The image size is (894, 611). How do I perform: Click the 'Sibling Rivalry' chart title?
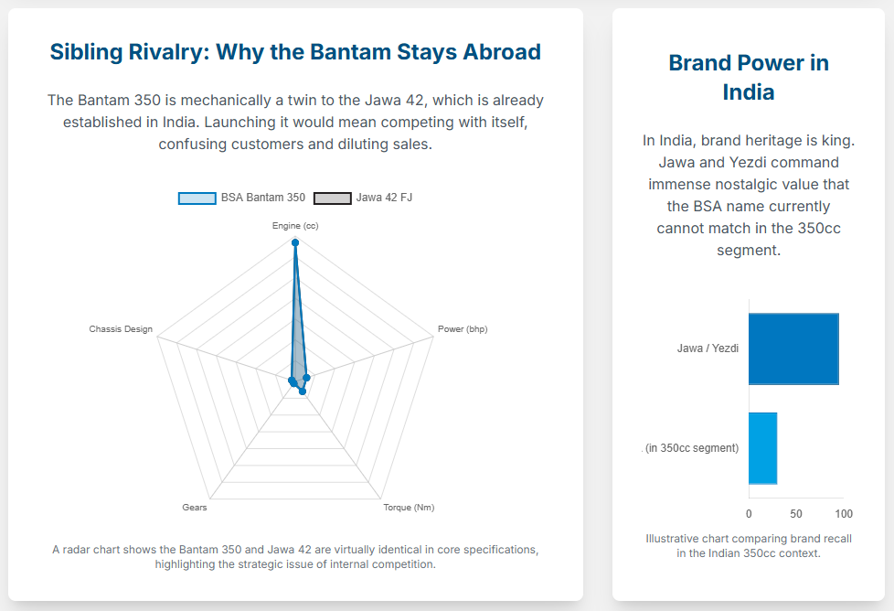click(295, 52)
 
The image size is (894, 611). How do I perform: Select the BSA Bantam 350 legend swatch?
click(197, 198)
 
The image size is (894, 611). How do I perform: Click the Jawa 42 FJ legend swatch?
click(332, 198)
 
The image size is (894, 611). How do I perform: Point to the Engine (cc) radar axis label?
click(295, 225)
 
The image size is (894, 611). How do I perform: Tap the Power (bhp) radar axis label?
click(463, 329)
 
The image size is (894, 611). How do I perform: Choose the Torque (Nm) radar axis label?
click(409, 508)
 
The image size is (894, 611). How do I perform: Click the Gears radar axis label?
click(195, 508)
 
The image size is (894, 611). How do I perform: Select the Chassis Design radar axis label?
click(121, 329)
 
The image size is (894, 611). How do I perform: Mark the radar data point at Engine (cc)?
click(295, 242)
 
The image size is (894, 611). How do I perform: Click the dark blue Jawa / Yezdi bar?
click(793, 348)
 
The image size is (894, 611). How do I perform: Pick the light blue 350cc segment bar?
click(762, 448)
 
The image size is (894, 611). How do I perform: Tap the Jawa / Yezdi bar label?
click(708, 348)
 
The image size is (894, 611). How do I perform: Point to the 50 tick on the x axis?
click(796, 514)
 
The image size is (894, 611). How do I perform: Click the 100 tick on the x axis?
click(844, 514)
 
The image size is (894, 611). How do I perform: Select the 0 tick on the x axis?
click(749, 514)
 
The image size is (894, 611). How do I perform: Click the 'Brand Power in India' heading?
click(749, 77)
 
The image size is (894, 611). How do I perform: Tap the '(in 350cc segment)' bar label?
click(692, 448)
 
